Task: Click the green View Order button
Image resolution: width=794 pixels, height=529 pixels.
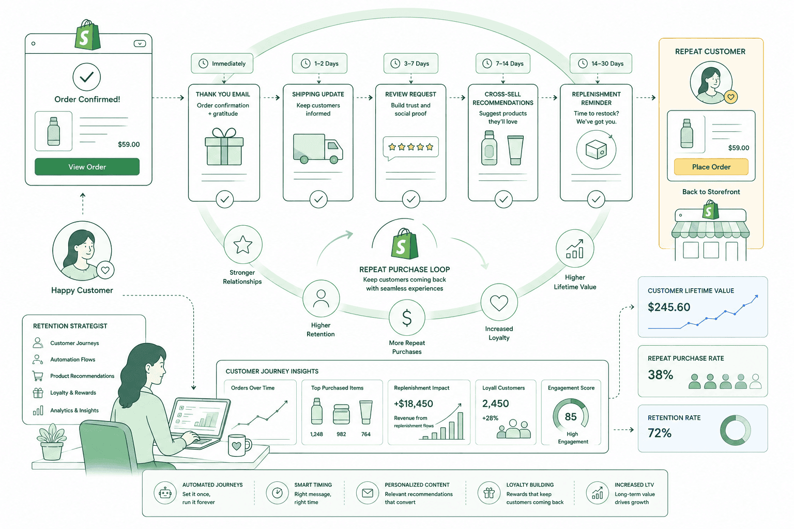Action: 87,166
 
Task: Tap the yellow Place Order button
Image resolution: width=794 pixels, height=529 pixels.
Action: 711,166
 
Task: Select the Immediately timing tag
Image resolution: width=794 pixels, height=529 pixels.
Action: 222,64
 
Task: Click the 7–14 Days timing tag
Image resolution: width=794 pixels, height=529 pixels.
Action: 502,64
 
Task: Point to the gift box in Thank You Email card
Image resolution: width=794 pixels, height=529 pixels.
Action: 224,146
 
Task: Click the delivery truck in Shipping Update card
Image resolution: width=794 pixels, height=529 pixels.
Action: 317,148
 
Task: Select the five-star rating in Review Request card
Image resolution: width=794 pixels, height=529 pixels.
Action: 410,147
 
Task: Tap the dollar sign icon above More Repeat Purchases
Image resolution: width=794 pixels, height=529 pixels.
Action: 407,318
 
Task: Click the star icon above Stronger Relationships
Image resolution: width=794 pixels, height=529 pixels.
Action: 243,244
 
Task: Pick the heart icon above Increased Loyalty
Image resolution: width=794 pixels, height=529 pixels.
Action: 499,303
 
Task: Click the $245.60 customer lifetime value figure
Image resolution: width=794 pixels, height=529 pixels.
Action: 669,307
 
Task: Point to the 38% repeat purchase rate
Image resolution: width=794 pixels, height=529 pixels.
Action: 660,375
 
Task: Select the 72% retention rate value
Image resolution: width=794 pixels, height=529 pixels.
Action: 660,432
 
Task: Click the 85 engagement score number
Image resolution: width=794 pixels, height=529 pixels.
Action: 571,417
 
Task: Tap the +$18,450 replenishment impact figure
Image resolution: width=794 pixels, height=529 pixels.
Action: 414,403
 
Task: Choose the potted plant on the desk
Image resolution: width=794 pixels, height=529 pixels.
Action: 52,442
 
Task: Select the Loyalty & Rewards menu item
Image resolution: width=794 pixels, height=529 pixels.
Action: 73,393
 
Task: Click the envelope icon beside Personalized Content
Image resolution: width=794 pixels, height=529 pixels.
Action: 368,493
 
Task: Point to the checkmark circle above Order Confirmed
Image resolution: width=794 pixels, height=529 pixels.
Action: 86,77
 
